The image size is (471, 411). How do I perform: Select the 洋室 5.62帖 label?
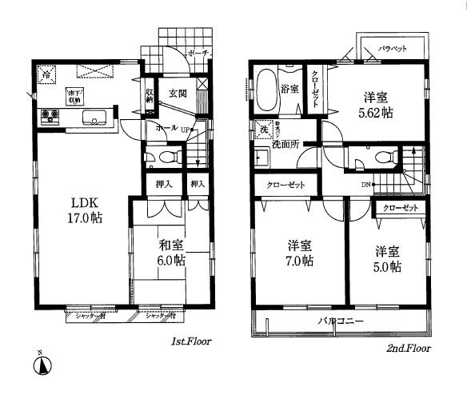[377, 105]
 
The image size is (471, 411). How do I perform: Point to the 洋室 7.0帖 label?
[300, 253]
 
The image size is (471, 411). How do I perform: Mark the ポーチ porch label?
[198, 54]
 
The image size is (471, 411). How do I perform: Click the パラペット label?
[393, 49]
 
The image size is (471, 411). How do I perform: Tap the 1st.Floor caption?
[191, 341]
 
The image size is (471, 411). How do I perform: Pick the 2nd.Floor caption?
[409, 349]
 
